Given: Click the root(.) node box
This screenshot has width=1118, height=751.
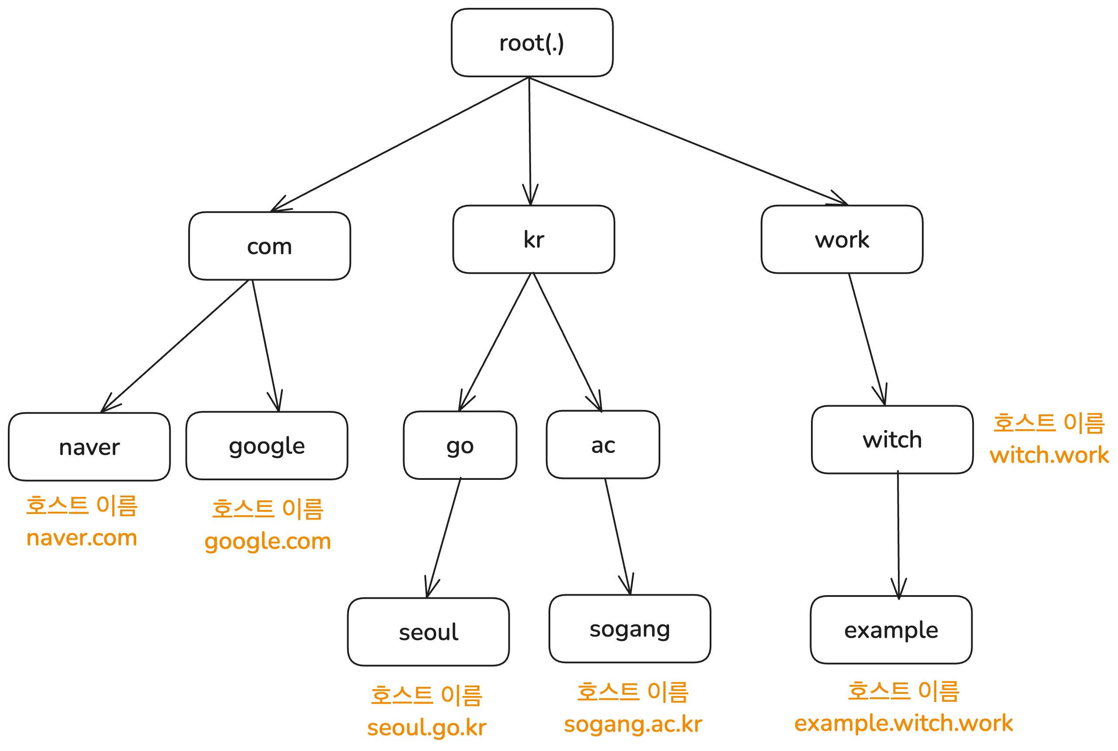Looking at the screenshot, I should (531, 43).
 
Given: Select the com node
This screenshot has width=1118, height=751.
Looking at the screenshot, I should (270, 246).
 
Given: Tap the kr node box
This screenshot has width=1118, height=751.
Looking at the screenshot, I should (533, 239).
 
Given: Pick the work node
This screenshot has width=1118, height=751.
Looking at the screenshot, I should (842, 239).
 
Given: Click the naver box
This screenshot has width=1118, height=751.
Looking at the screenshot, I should (90, 447).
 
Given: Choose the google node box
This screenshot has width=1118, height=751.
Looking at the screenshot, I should (267, 445).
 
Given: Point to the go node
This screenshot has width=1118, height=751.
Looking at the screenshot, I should (460, 445).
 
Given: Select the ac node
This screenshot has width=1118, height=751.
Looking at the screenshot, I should (603, 444).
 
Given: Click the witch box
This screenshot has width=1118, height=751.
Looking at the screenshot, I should (892, 440).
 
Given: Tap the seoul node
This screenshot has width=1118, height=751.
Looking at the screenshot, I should (428, 632).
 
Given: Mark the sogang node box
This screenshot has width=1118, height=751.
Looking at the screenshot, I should (629, 629).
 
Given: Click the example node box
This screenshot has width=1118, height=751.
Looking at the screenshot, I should (891, 630).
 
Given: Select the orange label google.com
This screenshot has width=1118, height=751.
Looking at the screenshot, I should (268, 541).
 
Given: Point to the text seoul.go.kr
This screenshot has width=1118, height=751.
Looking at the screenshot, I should (426, 727).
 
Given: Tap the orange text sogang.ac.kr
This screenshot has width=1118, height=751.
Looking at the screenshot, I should (633, 723).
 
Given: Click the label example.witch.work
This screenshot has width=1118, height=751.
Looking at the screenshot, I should (904, 723).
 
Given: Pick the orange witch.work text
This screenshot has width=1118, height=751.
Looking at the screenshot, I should (1049, 455).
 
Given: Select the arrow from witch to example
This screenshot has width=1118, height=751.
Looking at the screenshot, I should (898, 534).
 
